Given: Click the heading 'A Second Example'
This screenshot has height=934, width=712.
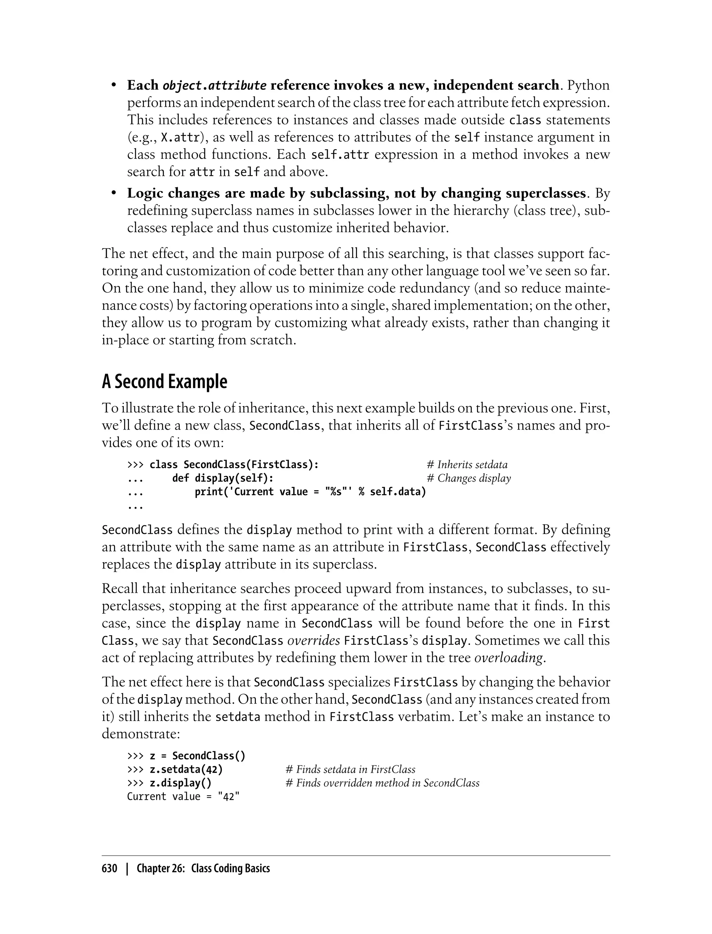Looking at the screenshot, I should (x=164, y=382).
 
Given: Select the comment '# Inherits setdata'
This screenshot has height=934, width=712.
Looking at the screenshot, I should (x=467, y=465).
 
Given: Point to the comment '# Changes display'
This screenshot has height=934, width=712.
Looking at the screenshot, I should (x=468, y=478).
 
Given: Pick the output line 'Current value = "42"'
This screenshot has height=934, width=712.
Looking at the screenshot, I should (x=183, y=796).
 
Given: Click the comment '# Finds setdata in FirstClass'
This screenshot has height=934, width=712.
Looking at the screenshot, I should (x=350, y=769).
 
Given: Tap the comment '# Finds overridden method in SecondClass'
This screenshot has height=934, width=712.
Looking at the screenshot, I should (x=383, y=783).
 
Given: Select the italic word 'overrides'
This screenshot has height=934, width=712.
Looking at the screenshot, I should (x=314, y=640).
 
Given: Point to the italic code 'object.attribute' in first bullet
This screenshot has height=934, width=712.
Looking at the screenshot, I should (x=215, y=86).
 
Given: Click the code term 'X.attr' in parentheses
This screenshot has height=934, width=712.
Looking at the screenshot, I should (x=180, y=138).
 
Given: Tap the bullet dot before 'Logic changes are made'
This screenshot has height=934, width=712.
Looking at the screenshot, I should (x=114, y=193).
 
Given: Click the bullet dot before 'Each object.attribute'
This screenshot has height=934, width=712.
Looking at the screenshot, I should (x=114, y=85).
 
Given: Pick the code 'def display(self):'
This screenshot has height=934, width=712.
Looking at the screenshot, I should (x=222, y=478).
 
